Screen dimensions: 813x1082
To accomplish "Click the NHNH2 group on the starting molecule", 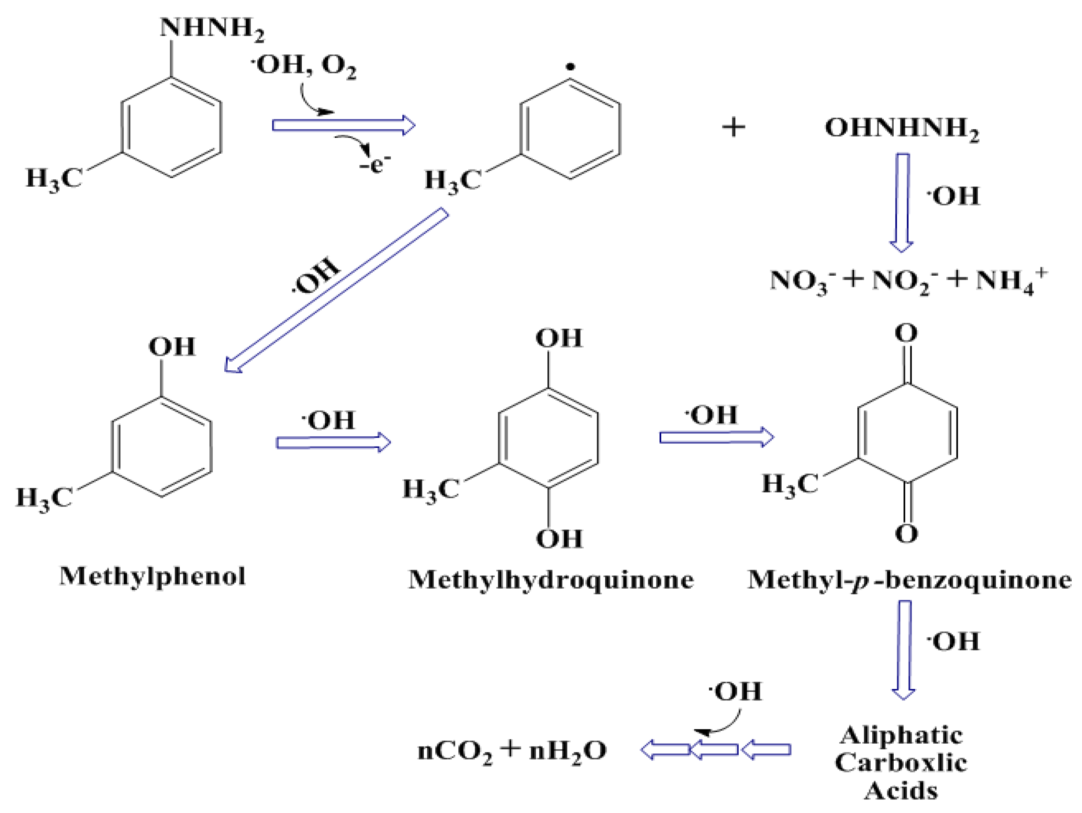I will coord(211,28).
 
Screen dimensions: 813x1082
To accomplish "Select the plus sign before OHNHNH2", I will coord(734,128).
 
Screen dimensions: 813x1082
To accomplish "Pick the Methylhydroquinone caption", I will coord(551,580).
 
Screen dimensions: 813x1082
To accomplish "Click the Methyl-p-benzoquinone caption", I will coord(909,580).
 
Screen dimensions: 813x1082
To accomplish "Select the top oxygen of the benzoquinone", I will coord(906,334).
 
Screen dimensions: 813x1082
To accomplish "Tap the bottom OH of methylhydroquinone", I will coord(559,539).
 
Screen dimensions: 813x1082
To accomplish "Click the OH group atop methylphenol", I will coord(172,347).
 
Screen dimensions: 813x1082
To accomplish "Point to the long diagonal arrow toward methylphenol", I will coord(336,290).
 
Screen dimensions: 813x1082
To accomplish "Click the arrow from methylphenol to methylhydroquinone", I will coord(333,443).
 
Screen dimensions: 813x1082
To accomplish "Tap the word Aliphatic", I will coord(901,735).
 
